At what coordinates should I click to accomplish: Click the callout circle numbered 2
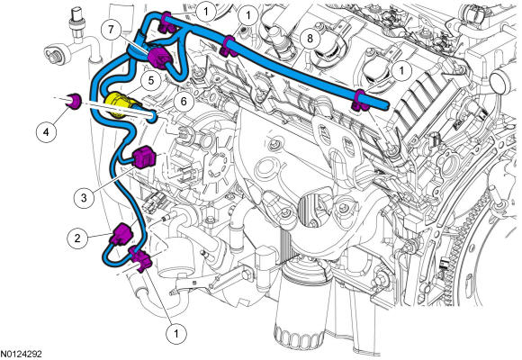pos(77,238)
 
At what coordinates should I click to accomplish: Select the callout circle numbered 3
pos(84,198)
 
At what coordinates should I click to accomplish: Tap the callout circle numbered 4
pos(46,132)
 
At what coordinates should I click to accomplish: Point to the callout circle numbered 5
pos(151,81)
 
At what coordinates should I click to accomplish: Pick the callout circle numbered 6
pos(184,101)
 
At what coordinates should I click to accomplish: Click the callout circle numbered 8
pos(310,39)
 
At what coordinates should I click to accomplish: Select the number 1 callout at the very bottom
pos(176,333)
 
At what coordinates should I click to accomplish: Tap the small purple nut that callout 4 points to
pos(73,101)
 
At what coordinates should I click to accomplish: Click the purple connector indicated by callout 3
pos(144,157)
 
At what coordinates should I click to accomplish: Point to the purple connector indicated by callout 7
pos(159,58)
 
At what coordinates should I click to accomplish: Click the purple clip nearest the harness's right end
pos(359,101)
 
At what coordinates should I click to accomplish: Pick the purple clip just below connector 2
pos(140,258)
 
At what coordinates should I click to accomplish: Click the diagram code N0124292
pos(21,354)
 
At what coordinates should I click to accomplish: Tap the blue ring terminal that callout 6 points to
pos(153,116)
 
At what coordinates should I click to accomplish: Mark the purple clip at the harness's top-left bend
pos(166,22)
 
